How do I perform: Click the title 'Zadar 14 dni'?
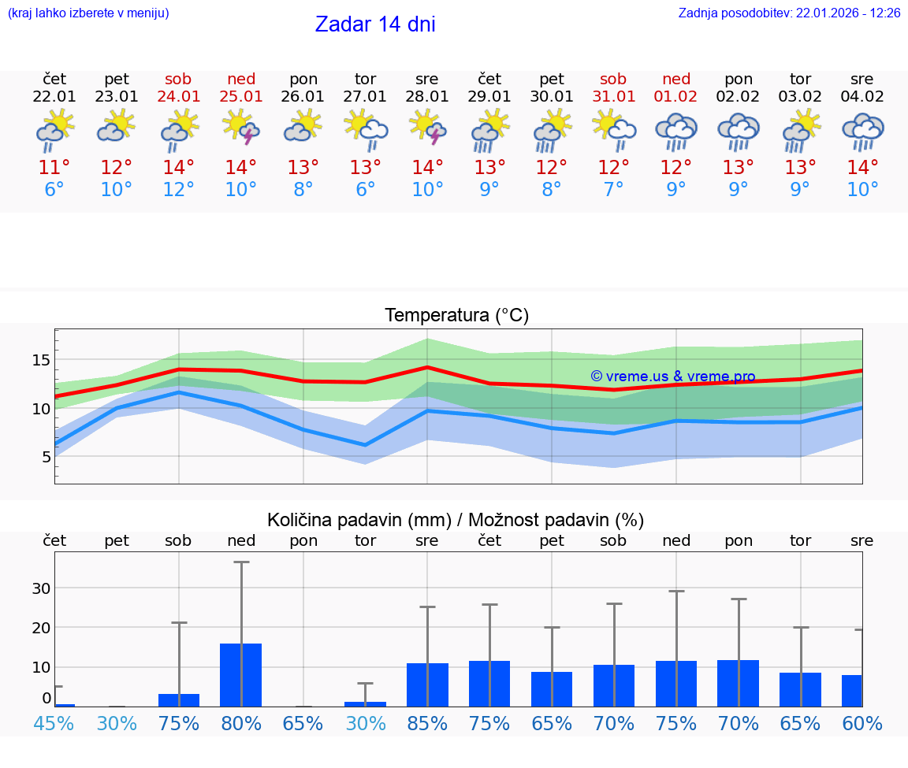pos(375,24)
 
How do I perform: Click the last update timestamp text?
pos(789,13)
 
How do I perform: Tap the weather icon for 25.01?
pos(241,129)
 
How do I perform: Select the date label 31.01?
pos(613,97)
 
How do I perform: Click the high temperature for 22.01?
pos(54,168)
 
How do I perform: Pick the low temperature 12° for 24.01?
pos(179,190)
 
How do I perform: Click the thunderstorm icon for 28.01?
pos(427,129)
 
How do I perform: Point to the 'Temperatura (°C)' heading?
pos(456,316)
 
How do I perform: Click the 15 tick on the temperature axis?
pos(41,360)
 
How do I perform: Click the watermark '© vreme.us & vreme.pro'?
pos(672,377)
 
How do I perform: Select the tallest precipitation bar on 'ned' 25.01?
pos(241,674)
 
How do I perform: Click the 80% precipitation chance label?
pos(241,724)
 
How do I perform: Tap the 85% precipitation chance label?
pos(427,724)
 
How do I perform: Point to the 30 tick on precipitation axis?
pos(41,588)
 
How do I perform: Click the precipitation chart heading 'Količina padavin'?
pos(456,520)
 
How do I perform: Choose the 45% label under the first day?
pos(54,724)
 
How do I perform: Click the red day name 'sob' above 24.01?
pos(179,80)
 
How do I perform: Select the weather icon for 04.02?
pos(862,131)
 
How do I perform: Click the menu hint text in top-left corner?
pos(87,13)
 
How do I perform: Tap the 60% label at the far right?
pos(862,724)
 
